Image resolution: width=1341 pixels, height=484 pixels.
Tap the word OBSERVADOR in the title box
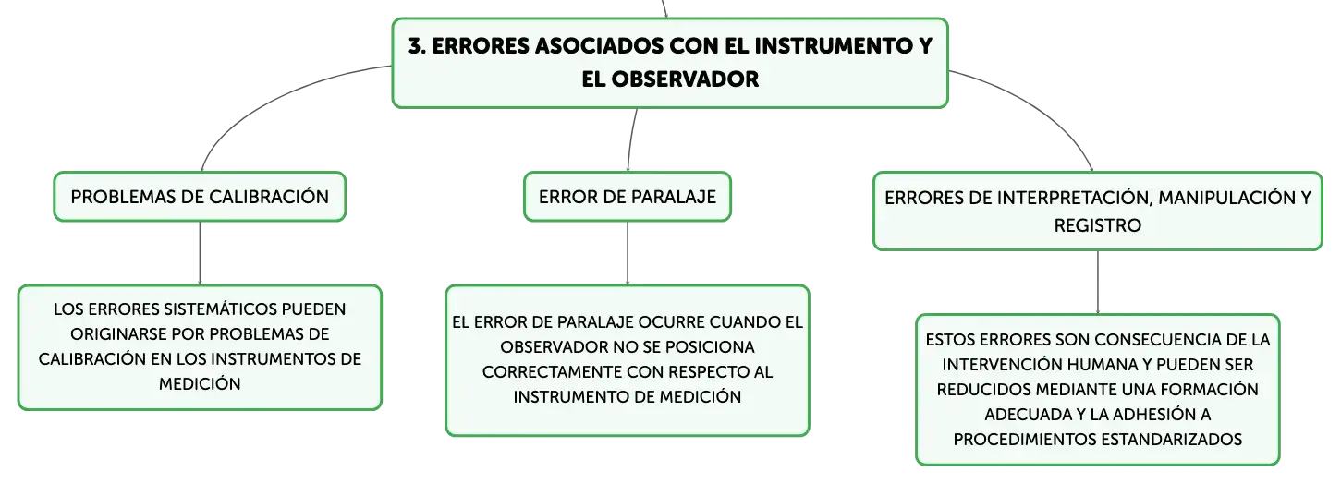pos(686,79)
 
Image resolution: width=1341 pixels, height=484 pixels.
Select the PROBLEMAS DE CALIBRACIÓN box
pos(200,197)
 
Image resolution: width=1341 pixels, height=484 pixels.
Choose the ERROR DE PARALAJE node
pos(628,197)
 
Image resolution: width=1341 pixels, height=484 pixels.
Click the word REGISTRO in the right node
pos(1097,225)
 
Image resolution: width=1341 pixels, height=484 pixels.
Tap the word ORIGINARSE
pos(118,333)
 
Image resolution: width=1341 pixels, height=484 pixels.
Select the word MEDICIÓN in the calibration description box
pos(200,384)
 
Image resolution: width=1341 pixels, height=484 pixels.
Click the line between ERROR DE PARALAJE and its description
pos(628,253)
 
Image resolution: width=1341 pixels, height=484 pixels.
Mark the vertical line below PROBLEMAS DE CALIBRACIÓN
pos(200,253)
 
